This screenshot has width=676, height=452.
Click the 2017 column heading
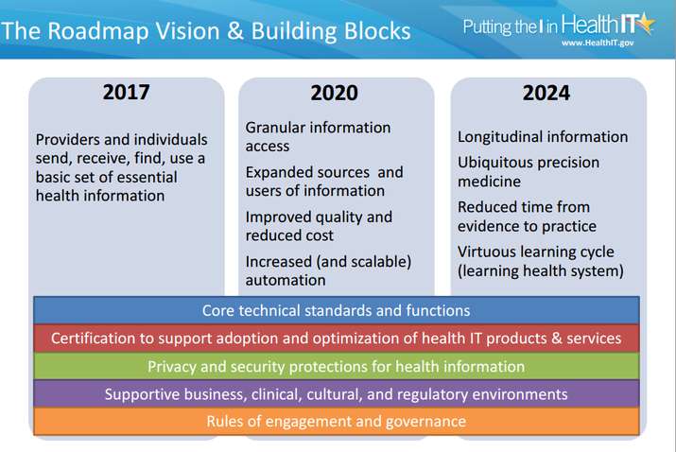(127, 93)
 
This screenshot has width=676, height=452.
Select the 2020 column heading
(334, 94)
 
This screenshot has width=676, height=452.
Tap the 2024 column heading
(546, 94)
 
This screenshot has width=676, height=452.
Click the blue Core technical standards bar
(337, 310)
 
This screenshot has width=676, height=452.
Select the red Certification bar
(337, 339)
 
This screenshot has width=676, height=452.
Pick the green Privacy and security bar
(337, 366)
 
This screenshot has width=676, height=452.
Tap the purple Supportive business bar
(337, 393)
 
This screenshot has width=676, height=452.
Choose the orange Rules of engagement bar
(337, 422)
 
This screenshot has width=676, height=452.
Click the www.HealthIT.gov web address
(598, 43)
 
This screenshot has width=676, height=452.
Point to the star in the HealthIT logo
(646, 24)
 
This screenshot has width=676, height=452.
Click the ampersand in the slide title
(235, 31)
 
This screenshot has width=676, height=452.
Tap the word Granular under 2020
(275, 128)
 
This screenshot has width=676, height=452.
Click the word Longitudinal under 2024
(496, 137)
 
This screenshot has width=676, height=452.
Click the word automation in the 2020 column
(286, 280)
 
